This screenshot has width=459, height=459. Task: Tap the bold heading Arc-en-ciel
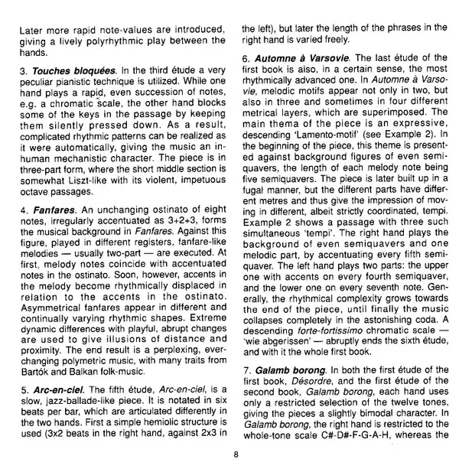57,368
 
